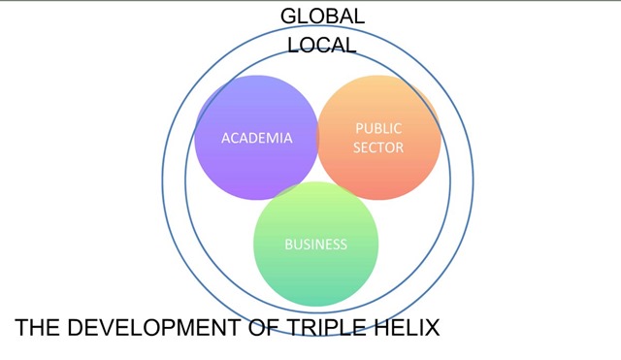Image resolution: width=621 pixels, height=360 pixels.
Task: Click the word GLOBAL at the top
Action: point(322,16)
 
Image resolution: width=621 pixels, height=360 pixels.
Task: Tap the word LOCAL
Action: point(321,46)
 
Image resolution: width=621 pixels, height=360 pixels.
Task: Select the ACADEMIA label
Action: point(256,138)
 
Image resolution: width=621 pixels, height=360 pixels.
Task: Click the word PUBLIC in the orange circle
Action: point(378,128)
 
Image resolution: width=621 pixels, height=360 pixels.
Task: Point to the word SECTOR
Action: point(378,147)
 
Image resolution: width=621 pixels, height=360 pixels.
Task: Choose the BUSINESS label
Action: point(315,245)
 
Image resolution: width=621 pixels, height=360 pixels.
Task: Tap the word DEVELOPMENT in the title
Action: point(154,328)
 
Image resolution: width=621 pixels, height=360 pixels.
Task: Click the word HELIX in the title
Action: point(407,328)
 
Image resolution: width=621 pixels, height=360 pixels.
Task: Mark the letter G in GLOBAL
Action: point(289,16)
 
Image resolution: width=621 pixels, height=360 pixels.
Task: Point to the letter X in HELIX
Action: point(432,328)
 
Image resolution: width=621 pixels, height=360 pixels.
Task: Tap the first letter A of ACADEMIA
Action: point(226,138)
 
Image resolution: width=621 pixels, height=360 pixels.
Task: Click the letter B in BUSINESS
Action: point(289,245)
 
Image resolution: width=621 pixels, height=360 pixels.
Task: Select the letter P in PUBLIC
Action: point(359,128)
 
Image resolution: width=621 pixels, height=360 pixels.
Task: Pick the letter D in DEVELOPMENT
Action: point(76,328)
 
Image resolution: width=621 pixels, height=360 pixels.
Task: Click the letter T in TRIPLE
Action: point(293,328)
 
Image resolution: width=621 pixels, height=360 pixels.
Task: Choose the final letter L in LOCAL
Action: point(351,46)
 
